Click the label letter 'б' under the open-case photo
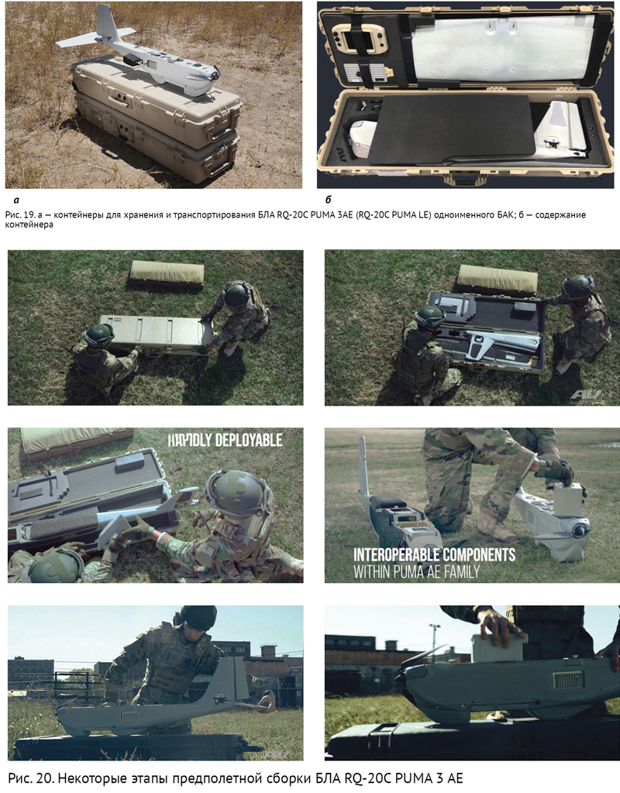coord(329,199)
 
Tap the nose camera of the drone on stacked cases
coord(216,75)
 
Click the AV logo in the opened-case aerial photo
coord(586,396)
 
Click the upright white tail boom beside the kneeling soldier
coord(363,467)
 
